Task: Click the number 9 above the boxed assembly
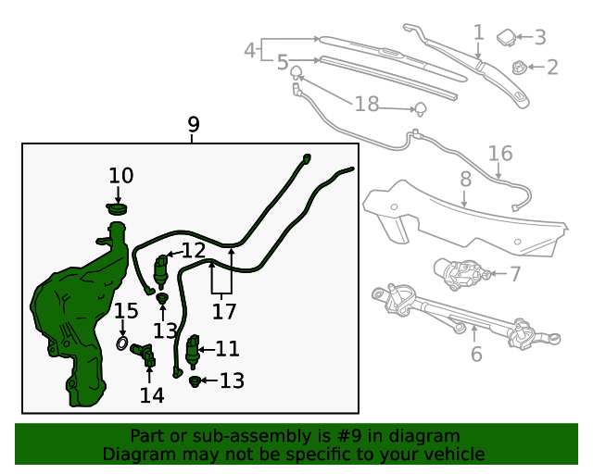point(194,124)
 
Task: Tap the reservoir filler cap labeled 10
point(117,208)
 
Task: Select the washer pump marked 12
point(160,271)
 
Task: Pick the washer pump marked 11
point(193,352)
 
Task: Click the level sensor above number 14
point(143,355)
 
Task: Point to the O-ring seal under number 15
point(121,343)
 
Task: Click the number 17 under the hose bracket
point(224,311)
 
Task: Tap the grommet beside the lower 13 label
point(195,381)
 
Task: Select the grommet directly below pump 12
point(162,298)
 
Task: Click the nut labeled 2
point(519,68)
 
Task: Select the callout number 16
point(500,154)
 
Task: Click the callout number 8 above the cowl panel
point(465,179)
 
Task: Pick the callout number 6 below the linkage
point(476,355)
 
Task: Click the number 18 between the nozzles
point(367,104)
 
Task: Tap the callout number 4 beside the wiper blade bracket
point(250,50)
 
